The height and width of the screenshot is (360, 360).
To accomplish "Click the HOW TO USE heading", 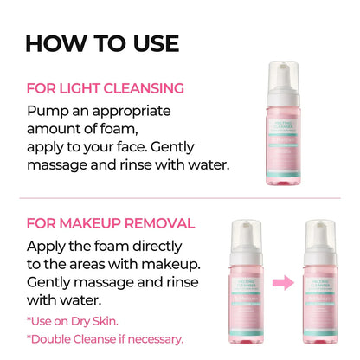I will (x=102, y=42).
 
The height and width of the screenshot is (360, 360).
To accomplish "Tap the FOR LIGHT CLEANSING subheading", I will (x=106, y=87).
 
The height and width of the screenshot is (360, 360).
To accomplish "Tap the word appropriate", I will (x=127, y=111).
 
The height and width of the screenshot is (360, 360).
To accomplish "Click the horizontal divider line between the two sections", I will (x=180, y=196).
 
